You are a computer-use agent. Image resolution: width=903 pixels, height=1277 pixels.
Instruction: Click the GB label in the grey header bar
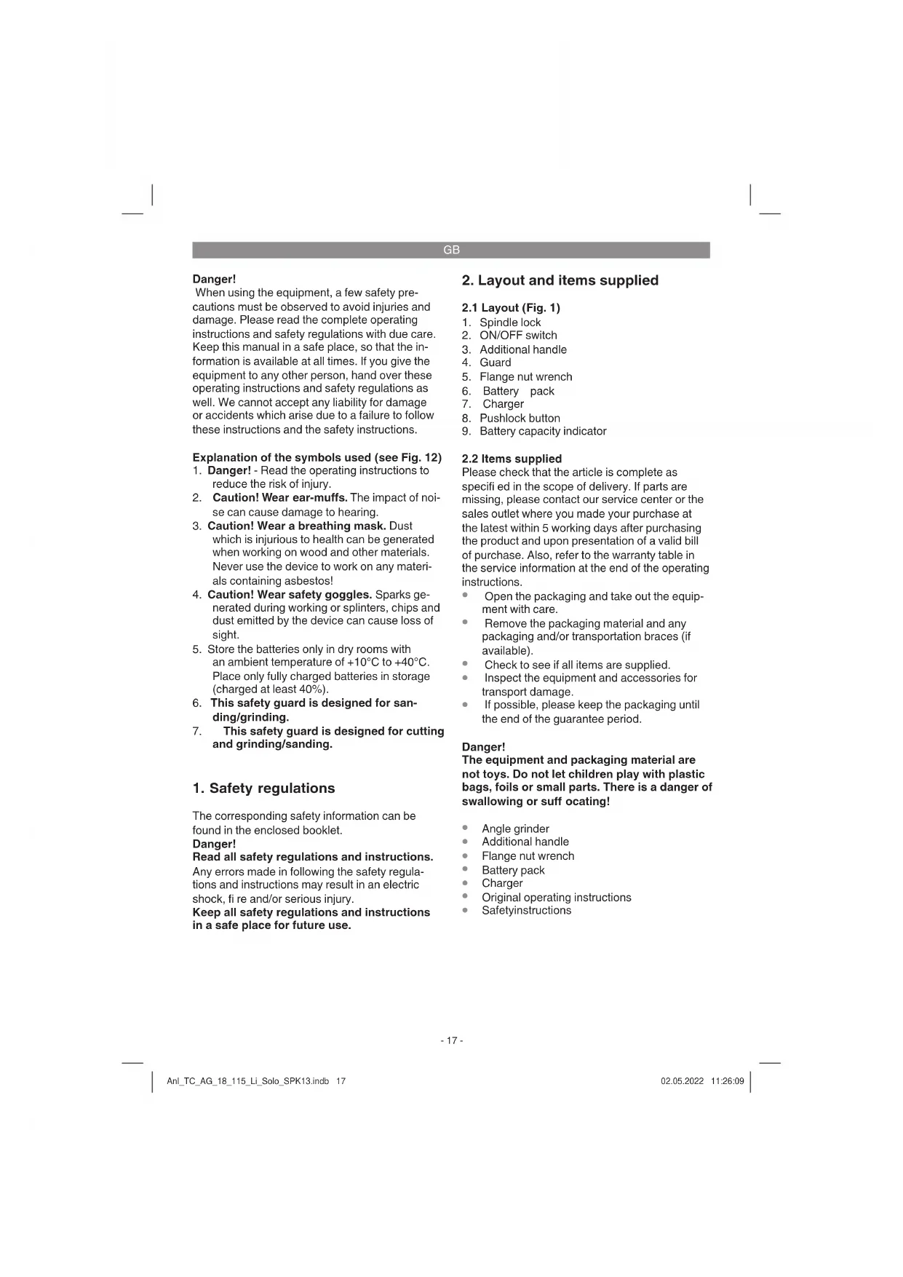(451, 250)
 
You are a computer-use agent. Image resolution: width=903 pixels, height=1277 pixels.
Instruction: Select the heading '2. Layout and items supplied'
(560, 280)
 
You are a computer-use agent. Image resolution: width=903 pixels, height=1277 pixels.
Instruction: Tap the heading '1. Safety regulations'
(263, 788)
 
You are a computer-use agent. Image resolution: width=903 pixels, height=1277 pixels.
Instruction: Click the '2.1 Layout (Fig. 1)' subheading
(511, 308)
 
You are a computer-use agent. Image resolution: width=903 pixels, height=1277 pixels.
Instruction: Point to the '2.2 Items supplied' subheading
(512, 459)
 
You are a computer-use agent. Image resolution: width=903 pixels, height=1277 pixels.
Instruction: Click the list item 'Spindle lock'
(510, 323)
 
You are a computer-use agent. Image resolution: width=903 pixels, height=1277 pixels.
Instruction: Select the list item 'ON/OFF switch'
(518, 336)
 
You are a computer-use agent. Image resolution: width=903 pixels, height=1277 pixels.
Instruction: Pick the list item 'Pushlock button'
(520, 418)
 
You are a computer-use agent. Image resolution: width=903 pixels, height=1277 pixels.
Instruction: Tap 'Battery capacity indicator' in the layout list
(543, 431)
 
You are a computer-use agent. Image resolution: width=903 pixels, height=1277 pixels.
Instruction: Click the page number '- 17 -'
(451, 1040)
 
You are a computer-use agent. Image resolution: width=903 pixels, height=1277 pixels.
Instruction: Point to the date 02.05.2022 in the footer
(682, 1081)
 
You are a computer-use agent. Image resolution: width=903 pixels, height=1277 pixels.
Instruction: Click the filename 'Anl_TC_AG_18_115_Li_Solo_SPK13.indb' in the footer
(248, 1081)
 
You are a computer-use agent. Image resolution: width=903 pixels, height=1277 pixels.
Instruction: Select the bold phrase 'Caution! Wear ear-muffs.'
(279, 498)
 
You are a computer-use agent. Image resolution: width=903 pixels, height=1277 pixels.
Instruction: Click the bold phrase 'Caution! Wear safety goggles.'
(290, 594)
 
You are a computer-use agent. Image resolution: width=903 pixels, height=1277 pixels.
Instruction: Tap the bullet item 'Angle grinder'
(515, 829)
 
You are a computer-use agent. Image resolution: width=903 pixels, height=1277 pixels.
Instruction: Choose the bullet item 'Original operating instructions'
(556, 897)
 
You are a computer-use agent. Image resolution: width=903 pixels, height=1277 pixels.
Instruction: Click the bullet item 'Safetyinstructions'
(526, 910)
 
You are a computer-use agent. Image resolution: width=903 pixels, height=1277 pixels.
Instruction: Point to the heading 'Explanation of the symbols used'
(281, 457)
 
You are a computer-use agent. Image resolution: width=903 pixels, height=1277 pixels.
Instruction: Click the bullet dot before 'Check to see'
(465, 664)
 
